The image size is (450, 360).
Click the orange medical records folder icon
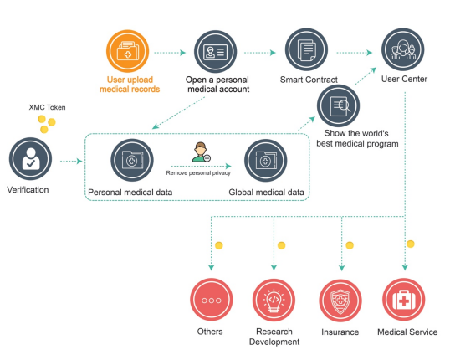[128, 51]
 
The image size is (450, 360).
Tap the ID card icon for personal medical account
[215, 52]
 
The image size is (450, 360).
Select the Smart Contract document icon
[306, 49]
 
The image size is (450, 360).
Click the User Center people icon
[402, 49]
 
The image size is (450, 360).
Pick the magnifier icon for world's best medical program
[339, 105]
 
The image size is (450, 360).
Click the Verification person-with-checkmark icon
[30, 159]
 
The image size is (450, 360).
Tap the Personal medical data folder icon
[132, 160]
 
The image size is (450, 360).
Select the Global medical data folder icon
[265, 161]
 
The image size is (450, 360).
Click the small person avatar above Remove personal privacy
[201, 152]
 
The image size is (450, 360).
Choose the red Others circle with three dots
[212, 300]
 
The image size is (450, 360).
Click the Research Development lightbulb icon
[274, 300]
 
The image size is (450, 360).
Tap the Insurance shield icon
[340, 301]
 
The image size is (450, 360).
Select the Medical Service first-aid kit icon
[403, 300]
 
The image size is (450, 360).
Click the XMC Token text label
[47, 107]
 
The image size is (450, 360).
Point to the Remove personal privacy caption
[198, 173]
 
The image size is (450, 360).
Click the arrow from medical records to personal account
[170, 53]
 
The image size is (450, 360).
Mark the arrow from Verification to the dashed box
[71, 162]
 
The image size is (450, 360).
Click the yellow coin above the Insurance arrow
[350, 245]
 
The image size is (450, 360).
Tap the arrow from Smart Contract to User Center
[355, 53]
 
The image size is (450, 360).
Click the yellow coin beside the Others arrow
[219, 245]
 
